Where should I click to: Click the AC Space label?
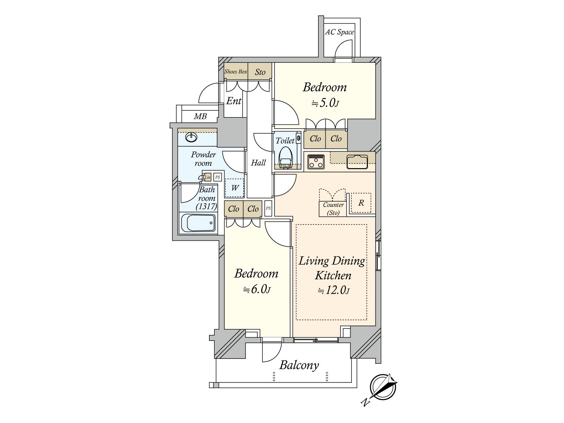[339, 32]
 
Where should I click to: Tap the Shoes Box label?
[236, 72]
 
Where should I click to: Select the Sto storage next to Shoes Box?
[260, 72]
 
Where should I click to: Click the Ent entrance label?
[233, 101]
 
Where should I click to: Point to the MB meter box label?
[200, 116]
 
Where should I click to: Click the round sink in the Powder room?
[191, 137]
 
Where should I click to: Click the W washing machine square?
[235, 188]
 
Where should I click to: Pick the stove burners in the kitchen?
[316, 162]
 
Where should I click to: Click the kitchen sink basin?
[357, 162]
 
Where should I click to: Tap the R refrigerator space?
[361, 203]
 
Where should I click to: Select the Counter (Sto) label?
[333, 208]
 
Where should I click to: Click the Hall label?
[258, 163]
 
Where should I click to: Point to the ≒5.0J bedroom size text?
[325, 103]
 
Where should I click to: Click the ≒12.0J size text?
[333, 291]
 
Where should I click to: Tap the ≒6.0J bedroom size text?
[256, 290]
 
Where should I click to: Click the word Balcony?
[299, 365]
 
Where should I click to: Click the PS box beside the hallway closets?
[268, 208]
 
